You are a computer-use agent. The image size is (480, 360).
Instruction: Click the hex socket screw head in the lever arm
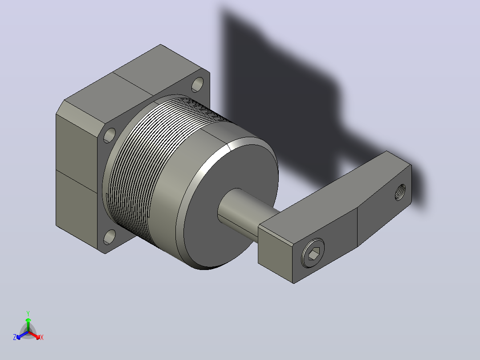[x=313, y=253]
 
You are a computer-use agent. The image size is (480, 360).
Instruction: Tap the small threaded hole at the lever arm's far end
[x=400, y=192]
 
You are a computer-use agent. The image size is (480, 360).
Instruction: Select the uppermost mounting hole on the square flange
[x=197, y=85]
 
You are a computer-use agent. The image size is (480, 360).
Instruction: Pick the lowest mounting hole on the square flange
[x=109, y=237]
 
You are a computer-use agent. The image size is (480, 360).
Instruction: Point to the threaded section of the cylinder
[x=147, y=160]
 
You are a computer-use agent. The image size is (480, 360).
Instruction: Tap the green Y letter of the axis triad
[x=28, y=313]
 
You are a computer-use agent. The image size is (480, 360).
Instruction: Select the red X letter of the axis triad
[x=42, y=337]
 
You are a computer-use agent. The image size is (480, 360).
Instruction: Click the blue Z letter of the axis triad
[x=15, y=337]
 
